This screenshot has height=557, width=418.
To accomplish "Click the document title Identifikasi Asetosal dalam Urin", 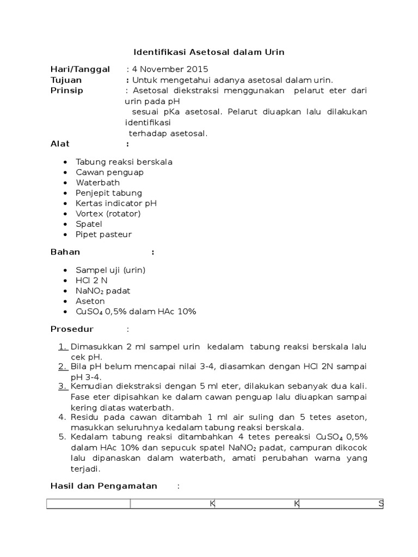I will pos(209,52).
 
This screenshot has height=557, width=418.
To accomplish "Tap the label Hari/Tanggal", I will pos(80,69).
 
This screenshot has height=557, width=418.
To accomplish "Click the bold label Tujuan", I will pos(66,80).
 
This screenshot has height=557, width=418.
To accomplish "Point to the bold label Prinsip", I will pos(67,90).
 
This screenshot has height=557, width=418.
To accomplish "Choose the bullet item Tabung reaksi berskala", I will pos(124,162).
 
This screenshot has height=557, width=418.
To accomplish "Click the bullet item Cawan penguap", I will pos(110,172).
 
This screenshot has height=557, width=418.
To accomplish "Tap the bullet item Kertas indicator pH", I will pos(116,203).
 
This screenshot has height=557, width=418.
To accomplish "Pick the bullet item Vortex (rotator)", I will pos(108,214).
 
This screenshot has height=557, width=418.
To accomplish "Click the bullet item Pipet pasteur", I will pos(104,234).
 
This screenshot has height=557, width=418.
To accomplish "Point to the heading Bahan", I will pos(65,252).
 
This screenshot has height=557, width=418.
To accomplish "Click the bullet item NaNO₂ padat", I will pos(103,291).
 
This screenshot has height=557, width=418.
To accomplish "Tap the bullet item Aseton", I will pos(91,301).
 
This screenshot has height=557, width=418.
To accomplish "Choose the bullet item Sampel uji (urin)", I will pos(111,270).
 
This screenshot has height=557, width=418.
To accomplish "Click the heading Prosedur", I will pos(72,329).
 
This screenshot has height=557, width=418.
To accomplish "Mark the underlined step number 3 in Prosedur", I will pos(62,386).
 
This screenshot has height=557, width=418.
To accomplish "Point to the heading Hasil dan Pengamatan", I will pos(103,486).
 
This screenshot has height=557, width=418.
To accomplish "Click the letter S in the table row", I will pos(381,504).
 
